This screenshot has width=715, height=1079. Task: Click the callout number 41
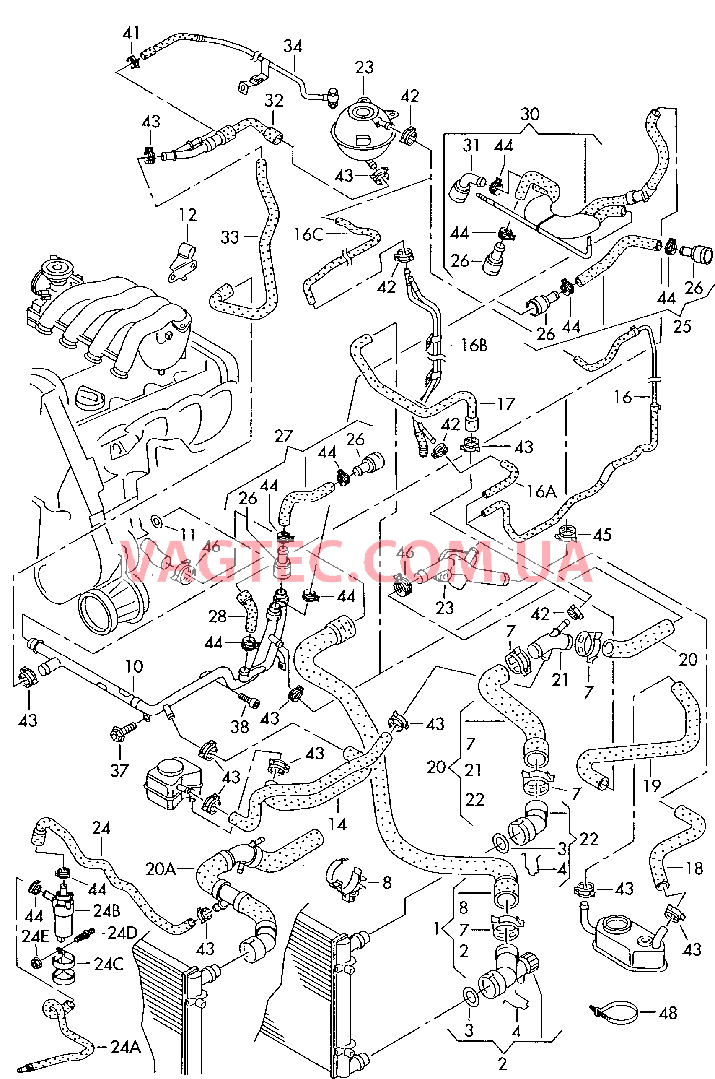tap(131, 33)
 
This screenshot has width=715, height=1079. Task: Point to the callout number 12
tap(188, 216)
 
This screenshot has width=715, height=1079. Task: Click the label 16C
tap(308, 234)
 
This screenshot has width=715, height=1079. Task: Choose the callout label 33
tap(230, 237)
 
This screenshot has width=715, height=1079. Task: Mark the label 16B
tap(474, 346)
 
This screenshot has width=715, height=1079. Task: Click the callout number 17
tap(506, 404)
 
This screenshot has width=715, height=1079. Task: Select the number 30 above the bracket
tap(530, 114)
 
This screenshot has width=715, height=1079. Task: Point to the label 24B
tap(107, 911)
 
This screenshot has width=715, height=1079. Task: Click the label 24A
tap(126, 1046)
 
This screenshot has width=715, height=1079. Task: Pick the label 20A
tap(161, 869)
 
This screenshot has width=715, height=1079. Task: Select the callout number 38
tap(239, 726)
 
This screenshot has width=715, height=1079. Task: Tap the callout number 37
tap(119, 771)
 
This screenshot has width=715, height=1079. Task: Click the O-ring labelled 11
tap(156, 520)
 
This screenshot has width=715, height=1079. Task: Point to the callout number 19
tap(652, 785)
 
